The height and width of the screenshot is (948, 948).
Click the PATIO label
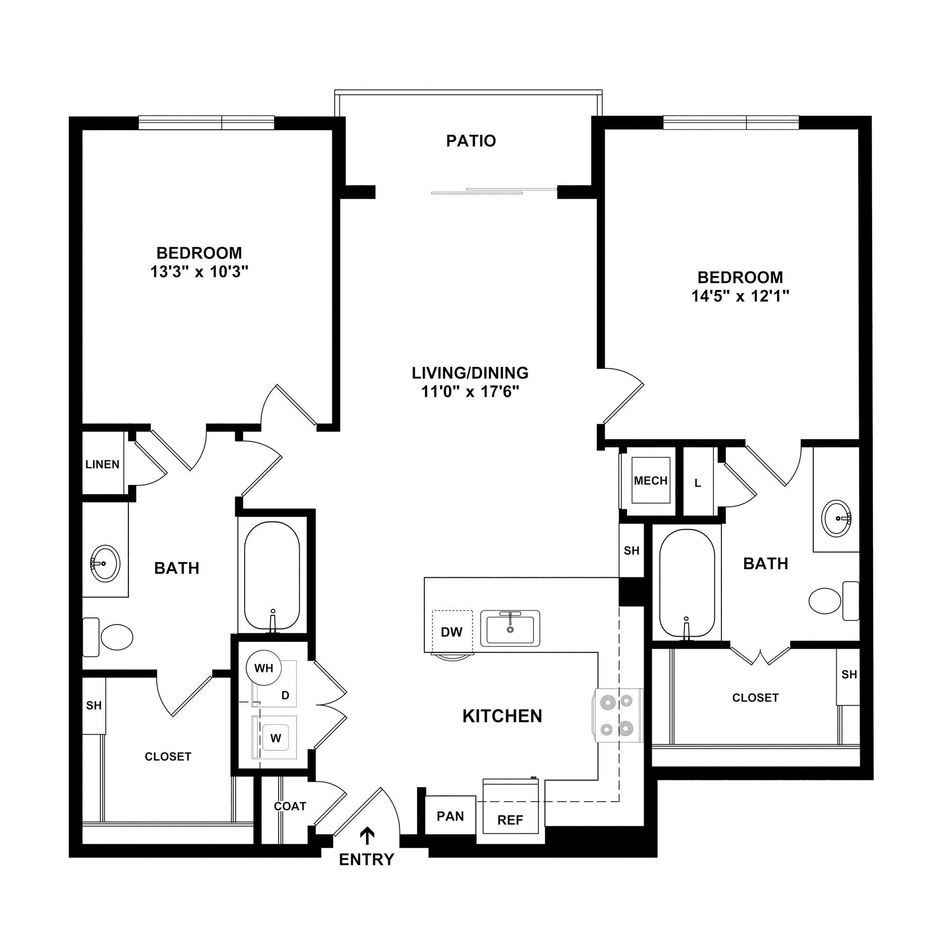(471, 141)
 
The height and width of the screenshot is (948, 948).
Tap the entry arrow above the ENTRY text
(367, 834)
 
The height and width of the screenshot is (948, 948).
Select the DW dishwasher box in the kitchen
(451, 631)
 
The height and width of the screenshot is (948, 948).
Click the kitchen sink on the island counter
(510, 629)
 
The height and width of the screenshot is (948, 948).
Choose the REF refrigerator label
(510, 820)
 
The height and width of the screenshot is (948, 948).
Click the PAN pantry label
(450, 816)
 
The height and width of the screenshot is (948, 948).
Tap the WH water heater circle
(264, 668)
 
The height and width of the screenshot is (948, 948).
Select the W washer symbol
(275, 738)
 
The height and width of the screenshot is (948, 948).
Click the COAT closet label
(290, 806)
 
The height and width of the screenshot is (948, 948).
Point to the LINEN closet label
(102, 464)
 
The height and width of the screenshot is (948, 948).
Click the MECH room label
(650, 480)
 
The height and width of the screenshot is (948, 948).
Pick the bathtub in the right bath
(686, 583)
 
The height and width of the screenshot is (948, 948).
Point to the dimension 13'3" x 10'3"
(199, 271)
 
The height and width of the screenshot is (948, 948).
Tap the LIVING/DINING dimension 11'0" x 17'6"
(470, 392)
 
